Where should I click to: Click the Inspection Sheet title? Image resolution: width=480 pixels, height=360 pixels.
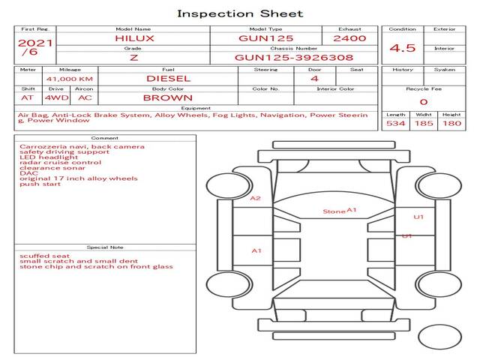[240, 13]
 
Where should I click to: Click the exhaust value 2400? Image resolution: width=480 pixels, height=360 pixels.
[349, 37]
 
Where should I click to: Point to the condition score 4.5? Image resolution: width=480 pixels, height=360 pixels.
[402, 48]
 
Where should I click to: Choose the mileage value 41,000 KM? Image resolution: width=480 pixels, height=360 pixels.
[69, 78]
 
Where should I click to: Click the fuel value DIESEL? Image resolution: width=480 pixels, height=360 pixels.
[168, 78]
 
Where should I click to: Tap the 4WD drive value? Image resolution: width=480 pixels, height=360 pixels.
[54, 97]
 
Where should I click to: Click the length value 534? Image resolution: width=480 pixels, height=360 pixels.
[395, 123]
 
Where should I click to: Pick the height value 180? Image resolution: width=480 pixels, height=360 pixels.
[451, 123]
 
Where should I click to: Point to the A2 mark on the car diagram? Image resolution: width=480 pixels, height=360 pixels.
[256, 198]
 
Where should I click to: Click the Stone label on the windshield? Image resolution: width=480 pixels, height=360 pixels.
[334, 211]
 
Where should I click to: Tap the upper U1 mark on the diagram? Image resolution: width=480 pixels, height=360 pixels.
[419, 217]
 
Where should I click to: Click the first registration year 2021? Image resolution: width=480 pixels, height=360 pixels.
[35, 43]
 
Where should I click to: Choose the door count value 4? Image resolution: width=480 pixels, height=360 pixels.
[314, 78]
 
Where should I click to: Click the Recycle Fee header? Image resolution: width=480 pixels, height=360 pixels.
[423, 88]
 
